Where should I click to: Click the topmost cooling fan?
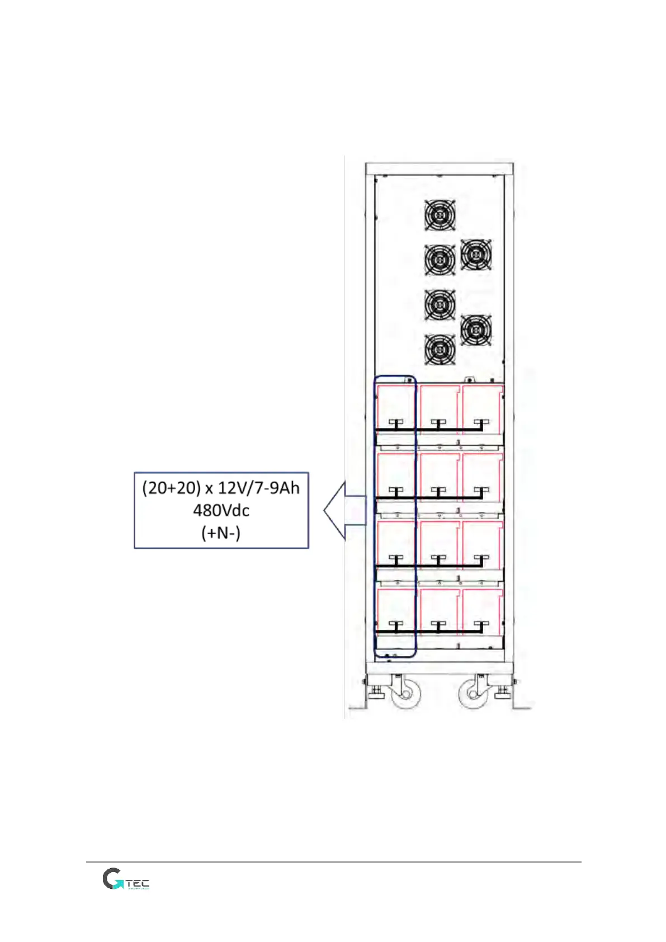coord(440,215)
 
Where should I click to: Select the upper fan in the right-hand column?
coord(476,255)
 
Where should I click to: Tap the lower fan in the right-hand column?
coord(476,330)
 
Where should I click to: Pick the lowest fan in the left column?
coord(440,350)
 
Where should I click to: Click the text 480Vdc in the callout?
coord(221,510)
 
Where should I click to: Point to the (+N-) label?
coord(221,533)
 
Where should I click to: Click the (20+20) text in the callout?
coord(171,488)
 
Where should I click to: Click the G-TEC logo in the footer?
coord(126,879)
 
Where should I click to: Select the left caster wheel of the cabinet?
coord(406,694)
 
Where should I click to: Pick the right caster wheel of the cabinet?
coord(473,694)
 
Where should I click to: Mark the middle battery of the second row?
coord(439,475)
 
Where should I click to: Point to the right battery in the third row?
coord(482,543)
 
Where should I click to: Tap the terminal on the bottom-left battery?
coord(396,625)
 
